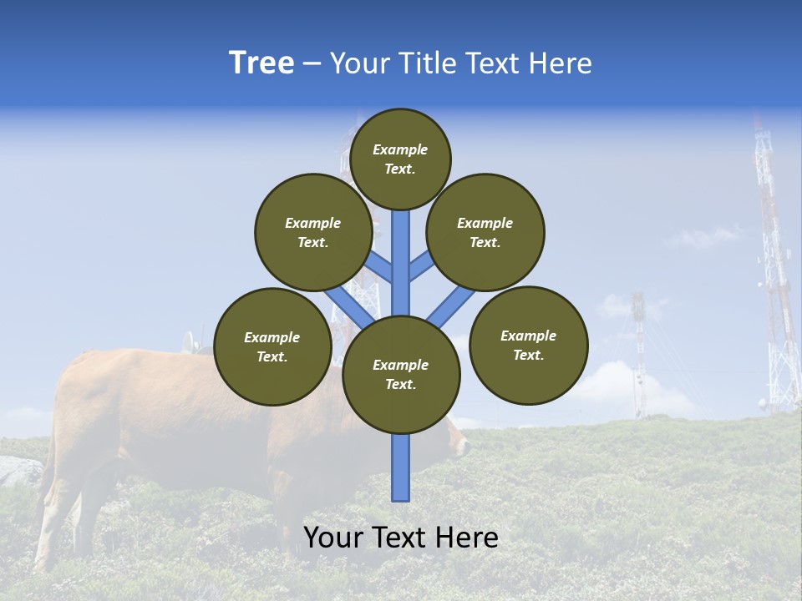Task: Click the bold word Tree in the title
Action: (x=261, y=63)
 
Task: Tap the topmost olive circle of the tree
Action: (x=400, y=159)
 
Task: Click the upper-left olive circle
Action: (x=313, y=232)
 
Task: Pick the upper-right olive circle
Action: (x=485, y=232)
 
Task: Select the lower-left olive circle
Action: (x=272, y=346)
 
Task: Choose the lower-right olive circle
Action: (x=529, y=345)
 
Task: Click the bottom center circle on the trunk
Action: (x=401, y=374)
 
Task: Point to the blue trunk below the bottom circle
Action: (x=401, y=467)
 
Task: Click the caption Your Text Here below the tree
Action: (x=401, y=538)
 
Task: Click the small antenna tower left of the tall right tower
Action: (x=639, y=351)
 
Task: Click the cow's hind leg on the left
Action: (x=54, y=509)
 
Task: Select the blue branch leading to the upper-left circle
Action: (x=378, y=265)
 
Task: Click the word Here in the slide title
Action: (x=561, y=63)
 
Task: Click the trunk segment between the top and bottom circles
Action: (x=401, y=267)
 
